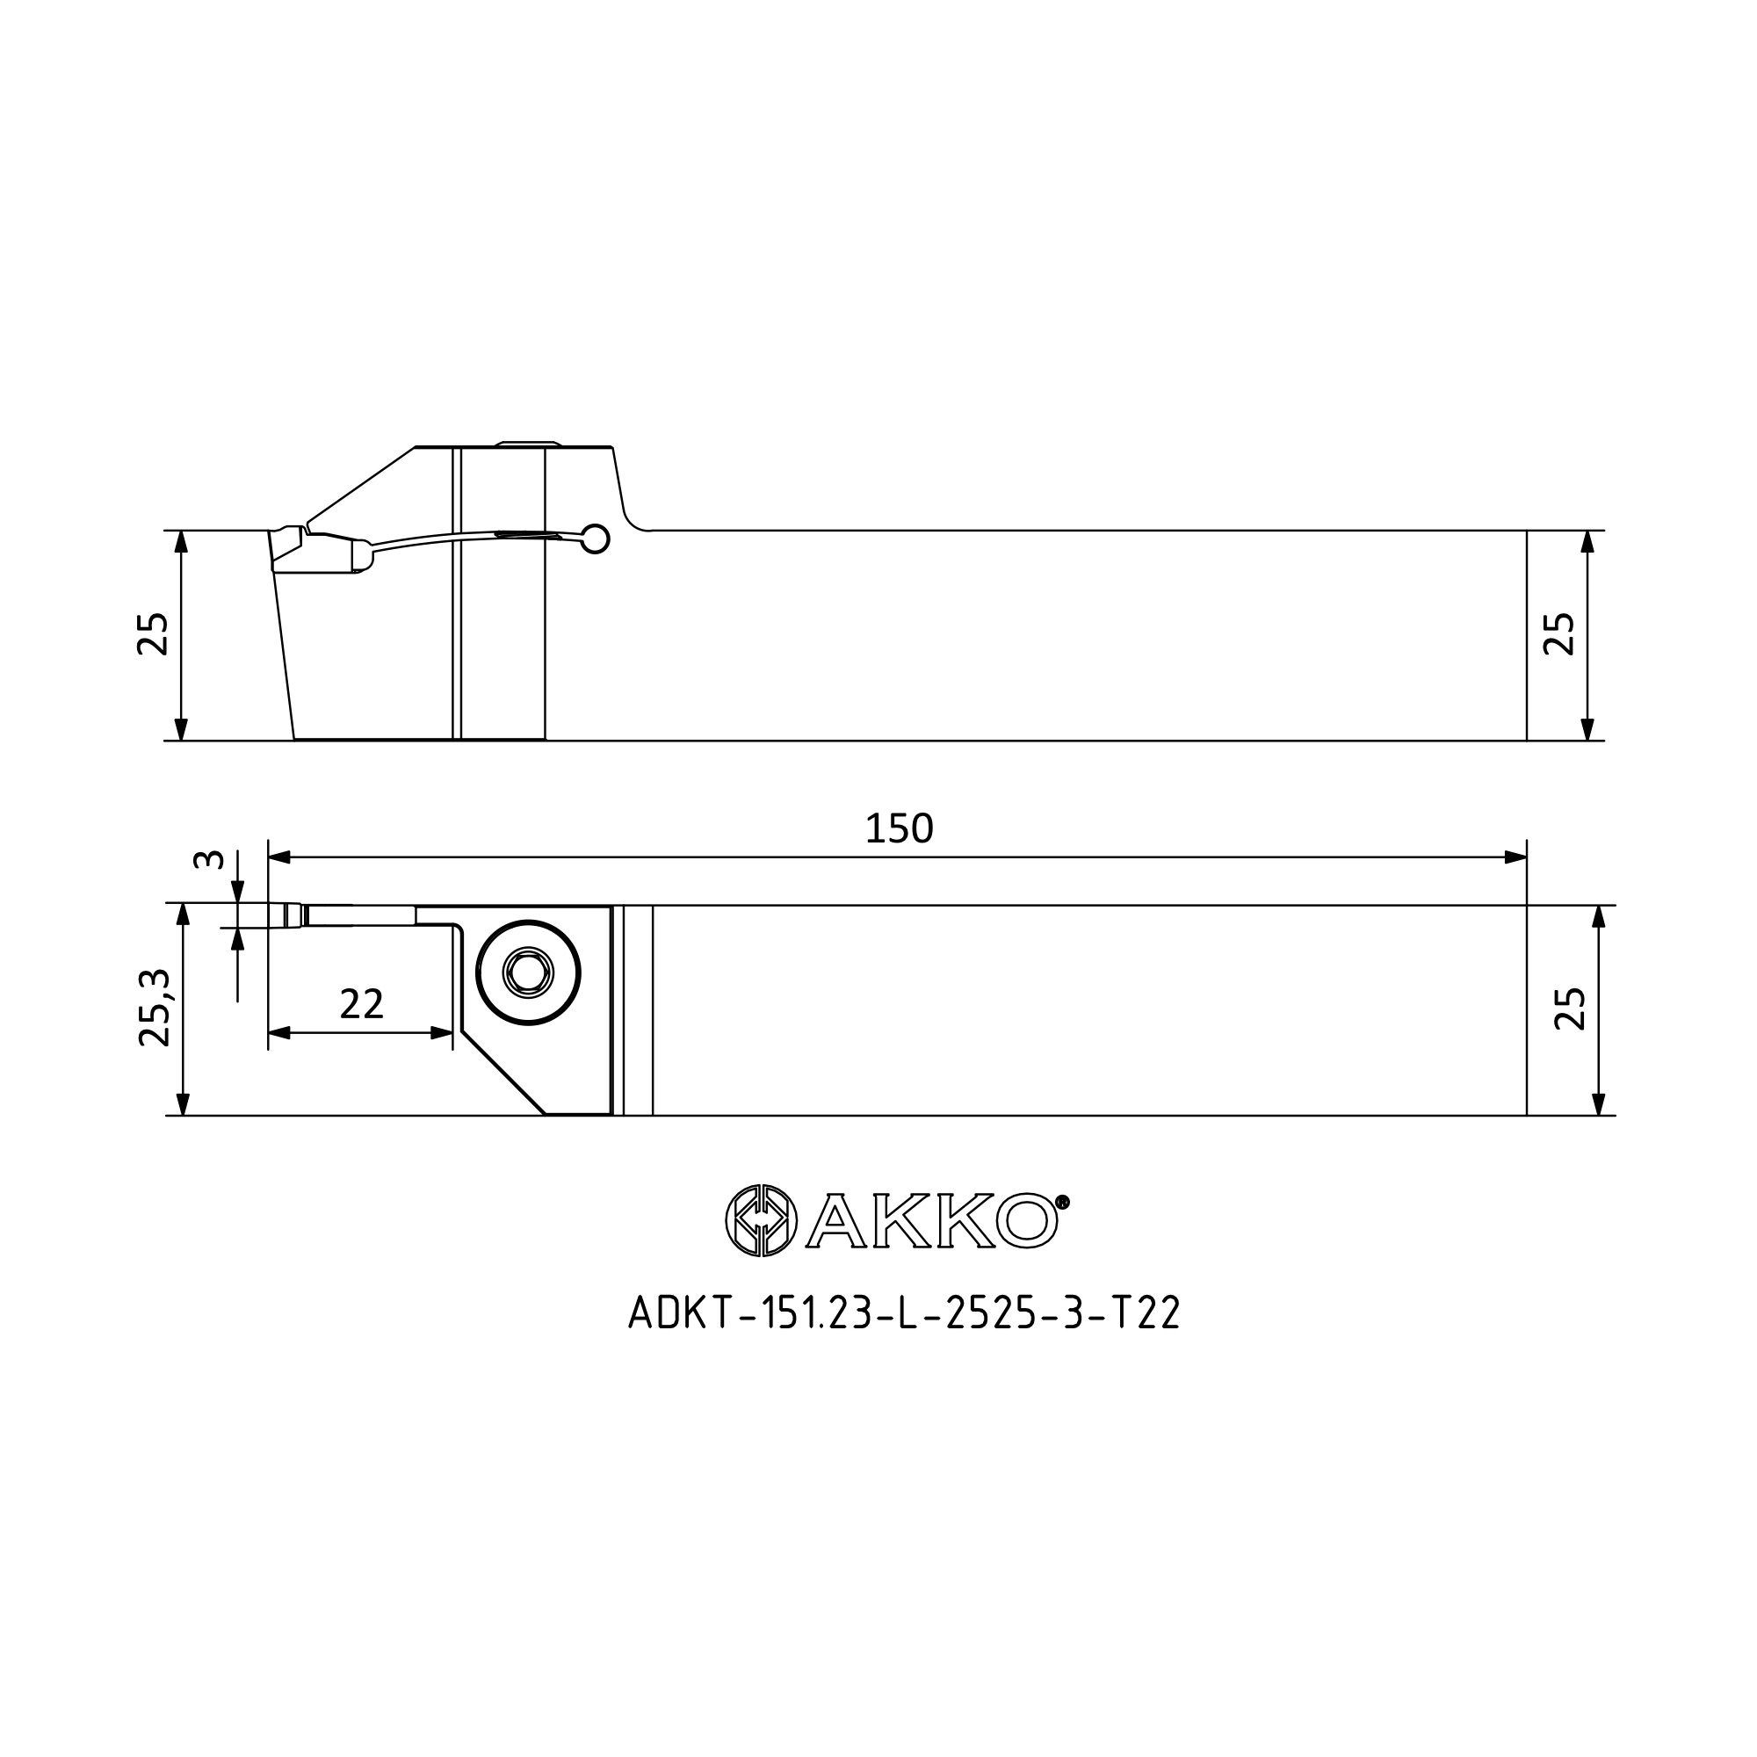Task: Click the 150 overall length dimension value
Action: tap(899, 828)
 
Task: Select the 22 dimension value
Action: tap(361, 1004)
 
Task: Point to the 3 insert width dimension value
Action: tap(209, 858)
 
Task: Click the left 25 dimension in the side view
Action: tap(153, 634)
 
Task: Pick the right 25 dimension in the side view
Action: tap(1558, 634)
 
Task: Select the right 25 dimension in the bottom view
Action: tap(1570, 1009)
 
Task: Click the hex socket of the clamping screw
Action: tap(528, 974)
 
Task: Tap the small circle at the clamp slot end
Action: tap(596, 539)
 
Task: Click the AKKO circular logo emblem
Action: tap(761, 1220)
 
